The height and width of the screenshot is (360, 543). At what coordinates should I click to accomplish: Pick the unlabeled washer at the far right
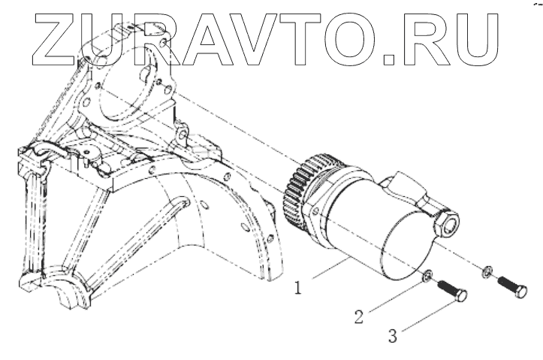487,269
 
